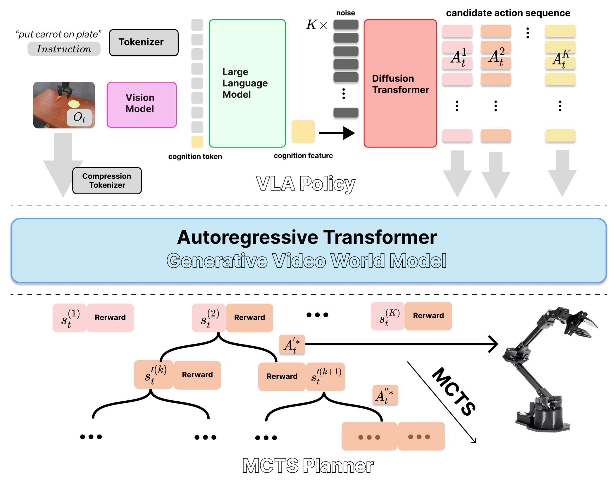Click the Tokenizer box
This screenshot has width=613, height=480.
[x=144, y=42]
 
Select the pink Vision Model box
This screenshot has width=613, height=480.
[x=142, y=104]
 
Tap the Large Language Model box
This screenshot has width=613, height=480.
[x=247, y=83]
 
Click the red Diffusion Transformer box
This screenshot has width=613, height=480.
[x=400, y=83]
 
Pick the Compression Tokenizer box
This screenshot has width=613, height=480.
[x=107, y=181]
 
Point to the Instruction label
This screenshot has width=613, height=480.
[x=64, y=49]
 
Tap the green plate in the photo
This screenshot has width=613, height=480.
[x=74, y=104]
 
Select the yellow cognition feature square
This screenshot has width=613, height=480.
[x=303, y=132]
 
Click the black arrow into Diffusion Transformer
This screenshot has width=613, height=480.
[x=336, y=133]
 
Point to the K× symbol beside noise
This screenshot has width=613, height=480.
[x=316, y=25]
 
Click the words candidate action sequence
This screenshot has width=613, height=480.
[x=508, y=13]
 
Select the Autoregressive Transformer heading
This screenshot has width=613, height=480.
[x=307, y=237]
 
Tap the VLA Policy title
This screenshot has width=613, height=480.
[x=306, y=184]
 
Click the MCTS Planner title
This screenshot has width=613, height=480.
[x=308, y=465]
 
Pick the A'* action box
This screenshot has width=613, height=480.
[x=292, y=345]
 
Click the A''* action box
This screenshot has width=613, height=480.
[x=385, y=395]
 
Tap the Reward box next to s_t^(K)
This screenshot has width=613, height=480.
[x=428, y=316]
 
